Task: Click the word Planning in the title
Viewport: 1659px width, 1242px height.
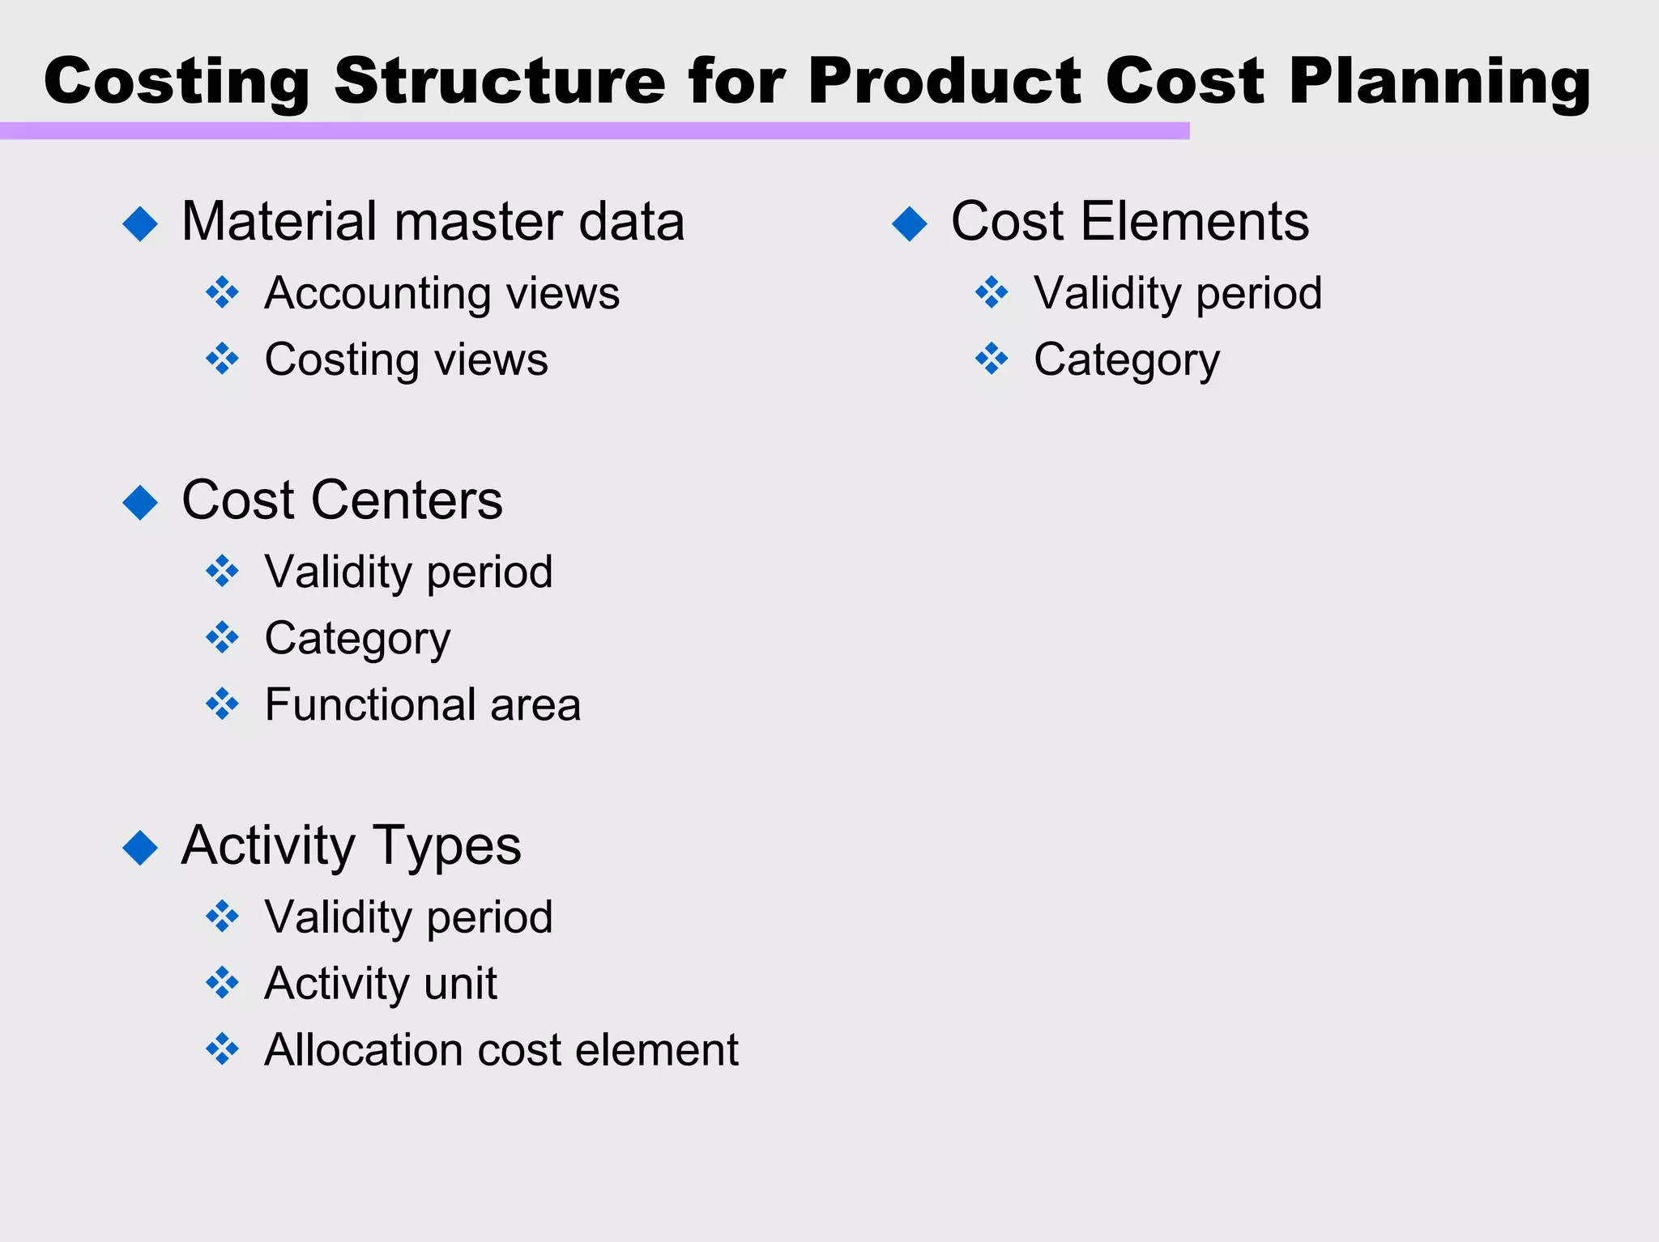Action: coord(1439,83)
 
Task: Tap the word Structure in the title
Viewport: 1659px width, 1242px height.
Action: coord(499,81)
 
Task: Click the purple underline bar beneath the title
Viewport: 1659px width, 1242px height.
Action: coord(594,131)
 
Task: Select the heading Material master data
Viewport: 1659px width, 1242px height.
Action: coord(433,222)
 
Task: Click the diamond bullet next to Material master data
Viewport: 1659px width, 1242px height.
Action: coord(140,223)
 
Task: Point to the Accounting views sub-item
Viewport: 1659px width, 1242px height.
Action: coord(441,293)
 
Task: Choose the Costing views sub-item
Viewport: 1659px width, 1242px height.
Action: coord(406,359)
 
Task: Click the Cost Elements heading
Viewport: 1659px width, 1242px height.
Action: coord(1129,222)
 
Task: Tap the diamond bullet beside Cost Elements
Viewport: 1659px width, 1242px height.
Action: coord(909,223)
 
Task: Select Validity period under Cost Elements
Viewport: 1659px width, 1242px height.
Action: coord(1177,293)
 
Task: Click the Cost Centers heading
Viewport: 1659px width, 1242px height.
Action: coord(342,500)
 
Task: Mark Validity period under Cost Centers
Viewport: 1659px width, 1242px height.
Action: coord(408,572)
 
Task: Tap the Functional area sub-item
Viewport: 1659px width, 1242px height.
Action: coord(422,705)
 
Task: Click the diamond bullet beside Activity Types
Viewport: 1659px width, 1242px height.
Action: coord(140,848)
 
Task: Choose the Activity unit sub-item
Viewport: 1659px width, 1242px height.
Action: coord(381,984)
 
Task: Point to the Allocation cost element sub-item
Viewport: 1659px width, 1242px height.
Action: coord(501,1050)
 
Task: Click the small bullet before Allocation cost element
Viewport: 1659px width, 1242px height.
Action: coord(222,1049)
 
